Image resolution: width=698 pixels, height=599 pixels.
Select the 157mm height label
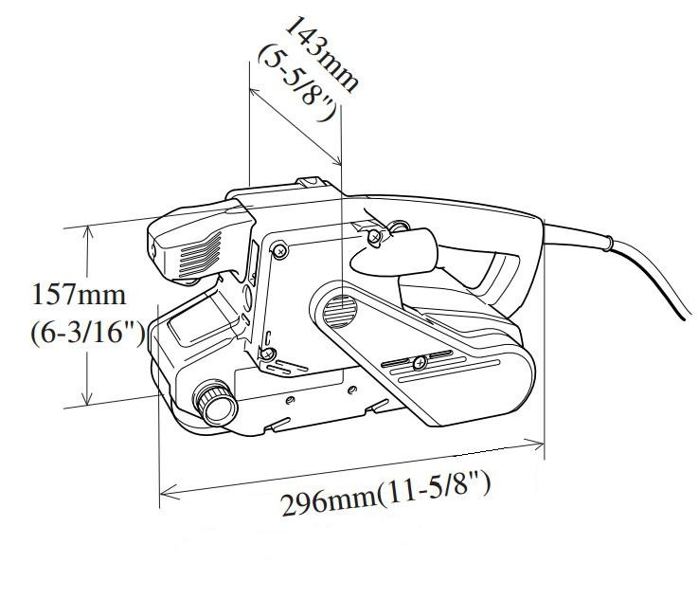[x=78, y=294]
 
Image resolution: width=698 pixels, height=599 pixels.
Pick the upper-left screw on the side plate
[x=278, y=249]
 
